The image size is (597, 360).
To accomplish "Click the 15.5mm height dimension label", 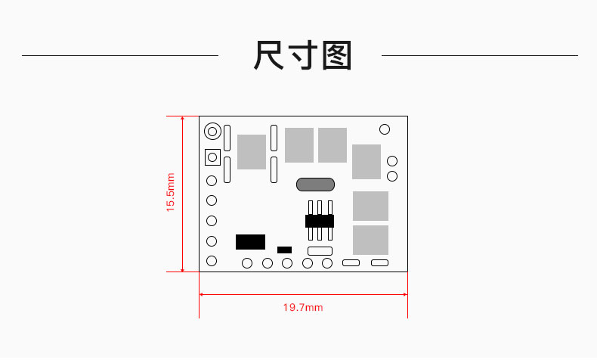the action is pos(170,192).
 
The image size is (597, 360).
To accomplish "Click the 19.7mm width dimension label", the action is pos(303,307).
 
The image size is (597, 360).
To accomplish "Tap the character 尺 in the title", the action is pos(268,55).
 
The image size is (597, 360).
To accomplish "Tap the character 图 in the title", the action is pos(336,56).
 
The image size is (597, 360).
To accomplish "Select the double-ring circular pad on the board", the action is pos(212,132).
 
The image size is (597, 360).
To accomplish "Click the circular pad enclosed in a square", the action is pos(212,157).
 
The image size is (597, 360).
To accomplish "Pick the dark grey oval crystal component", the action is pos(315,185).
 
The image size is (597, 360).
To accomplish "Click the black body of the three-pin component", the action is pos(320,221).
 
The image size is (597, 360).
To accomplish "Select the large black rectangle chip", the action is pos(250,242).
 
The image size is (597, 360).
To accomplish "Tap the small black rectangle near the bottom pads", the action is pos(284,250).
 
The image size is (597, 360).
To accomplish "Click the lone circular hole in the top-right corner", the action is pos(385,129).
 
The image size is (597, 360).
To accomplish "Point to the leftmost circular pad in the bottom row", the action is pos(247,263).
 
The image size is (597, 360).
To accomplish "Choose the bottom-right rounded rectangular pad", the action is pos(379,263).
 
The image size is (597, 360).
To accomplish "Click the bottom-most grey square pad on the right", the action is pos(370,240).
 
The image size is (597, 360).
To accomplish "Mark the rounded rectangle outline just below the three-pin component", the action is pos(320,251).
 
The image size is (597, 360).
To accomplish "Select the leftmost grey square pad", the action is pos(252,151).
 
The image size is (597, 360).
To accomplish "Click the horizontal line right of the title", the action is pos(480,56).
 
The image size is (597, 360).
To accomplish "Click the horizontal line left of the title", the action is pos(120,56).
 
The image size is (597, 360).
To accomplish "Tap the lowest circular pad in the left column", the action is pos(212,261).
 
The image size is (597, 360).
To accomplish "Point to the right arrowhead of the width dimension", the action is pos(405,294).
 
